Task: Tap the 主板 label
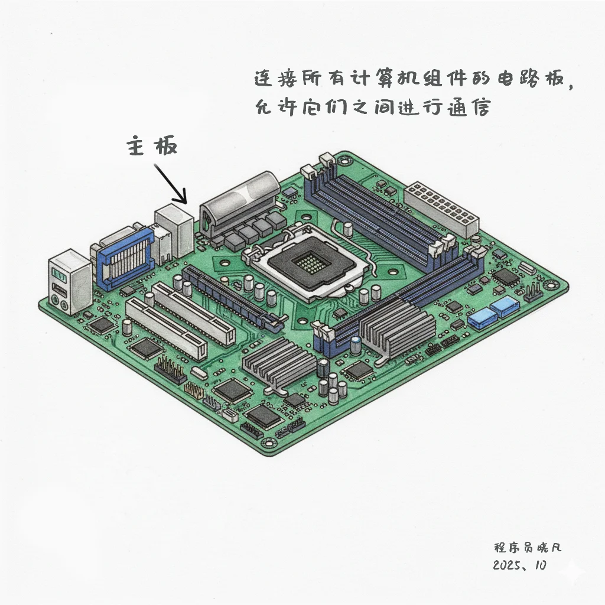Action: coord(152,145)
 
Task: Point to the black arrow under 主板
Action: coord(171,184)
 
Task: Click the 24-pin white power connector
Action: coord(441,209)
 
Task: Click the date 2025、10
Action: coord(519,565)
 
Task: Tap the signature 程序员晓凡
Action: coord(528,547)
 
